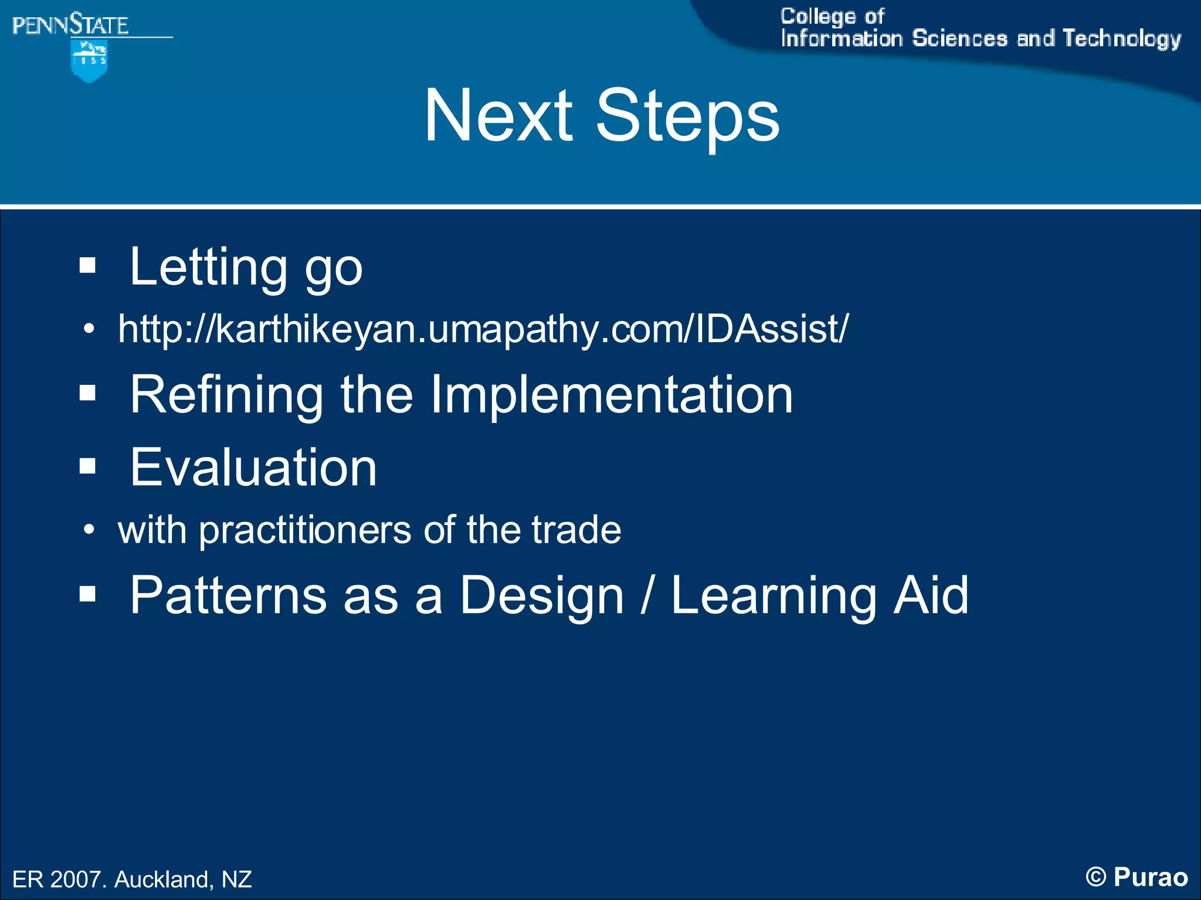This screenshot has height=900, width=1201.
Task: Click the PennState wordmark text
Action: (70, 25)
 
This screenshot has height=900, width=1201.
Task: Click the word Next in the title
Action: (498, 115)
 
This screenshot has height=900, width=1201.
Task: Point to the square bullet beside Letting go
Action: (87, 265)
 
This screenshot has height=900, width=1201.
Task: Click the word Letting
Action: (208, 267)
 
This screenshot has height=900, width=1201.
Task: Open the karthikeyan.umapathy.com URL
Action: (483, 329)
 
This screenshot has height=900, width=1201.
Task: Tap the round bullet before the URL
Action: (89, 329)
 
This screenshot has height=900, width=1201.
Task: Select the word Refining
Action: (226, 396)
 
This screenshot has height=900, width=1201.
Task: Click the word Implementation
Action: (611, 396)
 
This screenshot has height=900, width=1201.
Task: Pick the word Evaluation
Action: (253, 467)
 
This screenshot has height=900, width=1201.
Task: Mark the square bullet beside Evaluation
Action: (87, 466)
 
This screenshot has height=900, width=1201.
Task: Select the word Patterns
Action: (228, 595)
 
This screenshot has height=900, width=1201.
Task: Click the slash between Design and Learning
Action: (646, 595)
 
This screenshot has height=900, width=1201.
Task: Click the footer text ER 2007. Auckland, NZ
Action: (132, 879)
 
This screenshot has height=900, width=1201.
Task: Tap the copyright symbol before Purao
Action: (1095, 877)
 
